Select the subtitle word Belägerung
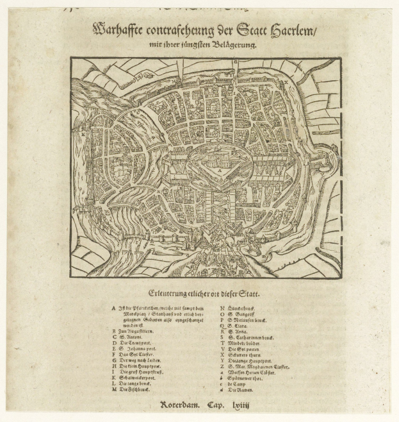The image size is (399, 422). point(234,45)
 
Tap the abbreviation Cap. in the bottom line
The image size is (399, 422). point(216,406)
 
